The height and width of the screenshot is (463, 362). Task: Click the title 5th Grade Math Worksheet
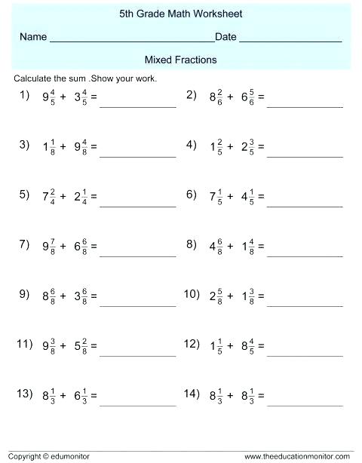pos(180,14)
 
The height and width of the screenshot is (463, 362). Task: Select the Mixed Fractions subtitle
pos(180,59)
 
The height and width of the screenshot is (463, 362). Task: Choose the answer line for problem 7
pos(137,256)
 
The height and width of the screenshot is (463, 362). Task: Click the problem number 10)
pos(191,294)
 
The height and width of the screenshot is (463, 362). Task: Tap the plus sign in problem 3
pos(63,146)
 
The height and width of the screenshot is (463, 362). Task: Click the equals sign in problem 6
pos(261,197)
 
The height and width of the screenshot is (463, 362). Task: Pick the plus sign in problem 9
pos(63,297)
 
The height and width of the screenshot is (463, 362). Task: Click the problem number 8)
pos(191,244)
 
